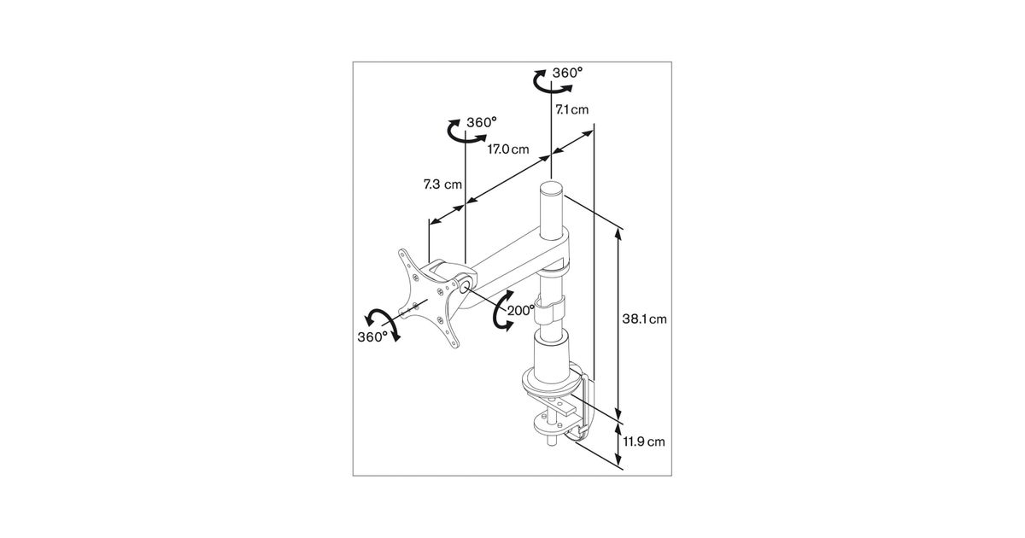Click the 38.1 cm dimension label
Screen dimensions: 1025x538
pyautogui.click(x=644, y=319)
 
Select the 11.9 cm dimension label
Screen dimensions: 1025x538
pyautogui.click(x=644, y=442)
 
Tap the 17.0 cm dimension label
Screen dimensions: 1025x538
pyautogui.click(x=508, y=149)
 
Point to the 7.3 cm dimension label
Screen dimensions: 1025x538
pyautogui.click(x=442, y=184)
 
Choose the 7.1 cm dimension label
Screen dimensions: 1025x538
pyautogui.click(x=572, y=109)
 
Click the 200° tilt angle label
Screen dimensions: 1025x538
pyautogui.click(x=521, y=311)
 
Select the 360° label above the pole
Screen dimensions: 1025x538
pyautogui.click(x=567, y=73)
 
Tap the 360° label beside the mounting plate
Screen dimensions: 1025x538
pyautogui.click(x=372, y=337)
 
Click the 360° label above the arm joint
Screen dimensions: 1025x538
pyautogui.click(x=482, y=123)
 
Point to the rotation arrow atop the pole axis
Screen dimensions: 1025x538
pyautogui.click(x=553, y=82)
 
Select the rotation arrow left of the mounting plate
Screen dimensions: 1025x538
pyautogui.click(x=382, y=324)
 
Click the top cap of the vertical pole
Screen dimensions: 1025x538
pyautogui.click(x=552, y=188)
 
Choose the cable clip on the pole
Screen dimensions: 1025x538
pyautogui.click(x=551, y=309)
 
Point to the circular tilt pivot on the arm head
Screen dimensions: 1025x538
pyautogui.click(x=464, y=287)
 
